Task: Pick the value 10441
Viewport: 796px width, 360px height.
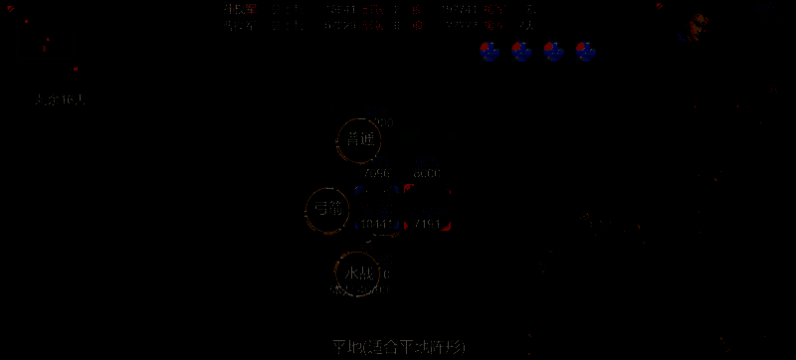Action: [x=379, y=223]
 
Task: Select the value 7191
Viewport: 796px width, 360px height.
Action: [x=429, y=223]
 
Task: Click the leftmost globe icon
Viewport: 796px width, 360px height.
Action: [x=489, y=51]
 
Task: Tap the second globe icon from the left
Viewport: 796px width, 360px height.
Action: [x=521, y=51]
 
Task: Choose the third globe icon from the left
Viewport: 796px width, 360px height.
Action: [x=554, y=51]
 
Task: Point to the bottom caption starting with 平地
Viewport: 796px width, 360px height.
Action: [x=398, y=347]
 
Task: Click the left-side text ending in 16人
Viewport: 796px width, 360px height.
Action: [x=60, y=99]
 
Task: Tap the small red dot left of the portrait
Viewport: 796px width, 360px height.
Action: [x=660, y=6]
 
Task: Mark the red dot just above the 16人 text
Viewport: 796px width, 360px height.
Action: [x=76, y=69]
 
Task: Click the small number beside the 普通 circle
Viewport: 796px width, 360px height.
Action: [x=387, y=122]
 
